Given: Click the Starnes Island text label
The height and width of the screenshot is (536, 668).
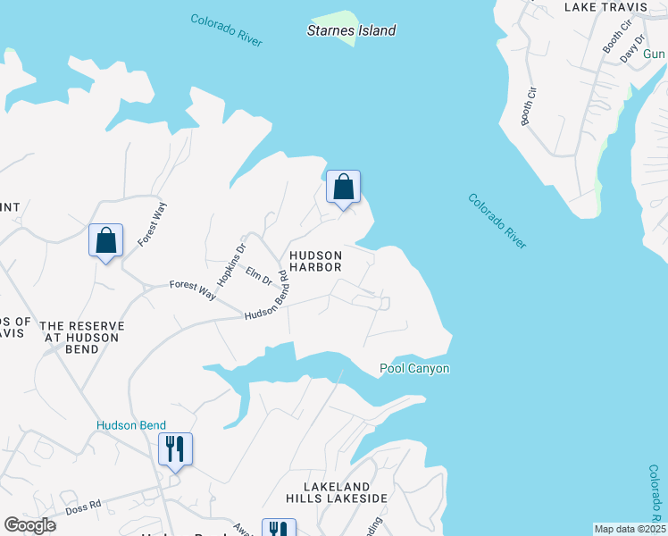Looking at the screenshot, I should pyautogui.click(x=351, y=30).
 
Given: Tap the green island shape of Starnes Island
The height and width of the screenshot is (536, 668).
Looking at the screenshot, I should pyautogui.click(x=334, y=21).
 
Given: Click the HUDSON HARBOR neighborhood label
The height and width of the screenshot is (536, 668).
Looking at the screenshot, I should pyautogui.click(x=315, y=260).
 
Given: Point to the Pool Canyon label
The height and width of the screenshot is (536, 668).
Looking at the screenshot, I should pyautogui.click(x=414, y=368).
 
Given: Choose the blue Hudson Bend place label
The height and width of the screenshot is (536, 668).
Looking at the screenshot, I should pyautogui.click(x=131, y=425).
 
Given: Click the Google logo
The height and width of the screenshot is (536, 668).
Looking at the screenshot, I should pyautogui.click(x=29, y=525).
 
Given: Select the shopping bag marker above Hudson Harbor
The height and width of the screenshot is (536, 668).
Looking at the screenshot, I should pyautogui.click(x=343, y=188).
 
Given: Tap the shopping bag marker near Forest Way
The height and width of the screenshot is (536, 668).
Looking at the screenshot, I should pyautogui.click(x=105, y=241).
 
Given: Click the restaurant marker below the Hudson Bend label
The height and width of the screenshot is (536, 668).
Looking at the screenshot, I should pyautogui.click(x=174, y=450).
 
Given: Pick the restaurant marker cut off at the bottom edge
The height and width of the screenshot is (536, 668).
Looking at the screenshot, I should pyautogui.click(x=278, y=529).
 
